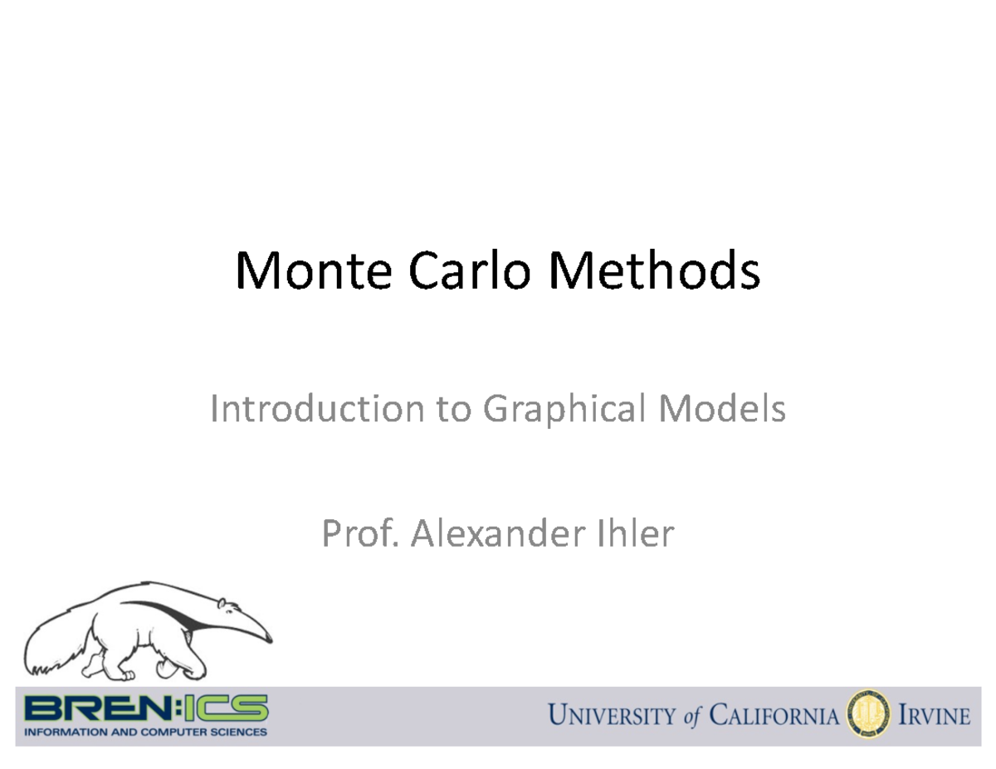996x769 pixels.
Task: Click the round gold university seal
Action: (867, 716)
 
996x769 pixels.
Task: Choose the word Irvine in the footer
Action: (935, 716)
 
